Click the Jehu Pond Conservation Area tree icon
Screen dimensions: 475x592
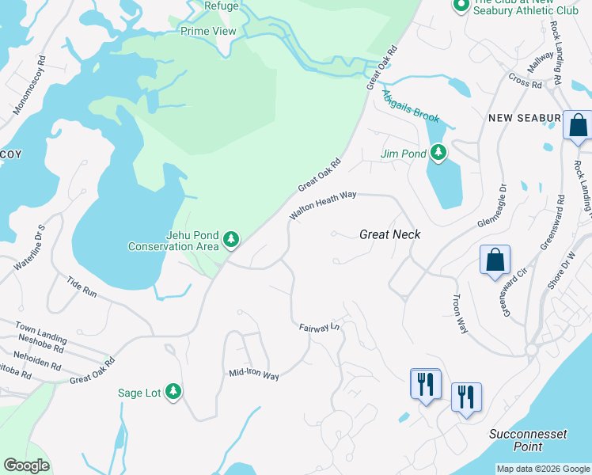coord(230,239)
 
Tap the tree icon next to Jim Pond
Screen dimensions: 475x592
coord(438,153)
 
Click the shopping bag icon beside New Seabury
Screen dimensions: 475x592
coord(578,126)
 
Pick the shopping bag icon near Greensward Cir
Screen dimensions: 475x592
coord(495,260)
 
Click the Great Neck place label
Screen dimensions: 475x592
coord(389,234)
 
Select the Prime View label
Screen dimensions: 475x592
coord(208,31)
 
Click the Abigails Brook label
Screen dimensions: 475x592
coord(410,106)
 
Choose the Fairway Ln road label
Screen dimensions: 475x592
coord(319,327)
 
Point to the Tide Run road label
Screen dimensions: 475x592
coord(82,287)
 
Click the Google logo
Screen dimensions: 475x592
coord(26,465)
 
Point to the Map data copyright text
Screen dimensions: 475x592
coord(543,469)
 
